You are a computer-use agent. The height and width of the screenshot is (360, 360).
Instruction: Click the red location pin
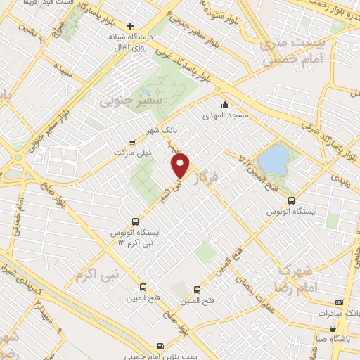click(x=181, y=166)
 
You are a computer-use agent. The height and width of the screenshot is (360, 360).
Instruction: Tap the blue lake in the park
click(x=275, y=156)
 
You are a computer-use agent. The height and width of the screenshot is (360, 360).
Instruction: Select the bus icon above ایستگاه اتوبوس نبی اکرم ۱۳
click(x=135, y=220)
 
